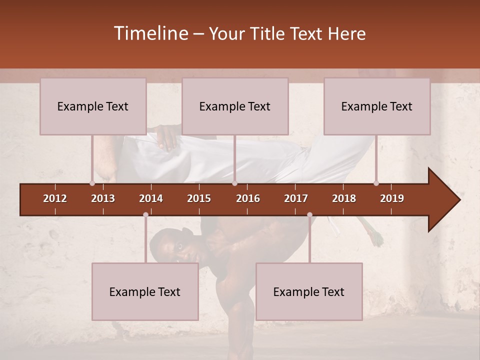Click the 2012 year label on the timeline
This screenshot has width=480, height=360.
[55, 198]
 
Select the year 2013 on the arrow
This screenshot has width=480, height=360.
[103, 198]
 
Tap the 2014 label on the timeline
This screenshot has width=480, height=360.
[151, 198]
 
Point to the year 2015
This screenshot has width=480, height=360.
[199, 198]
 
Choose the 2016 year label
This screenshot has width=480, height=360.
[248, 198]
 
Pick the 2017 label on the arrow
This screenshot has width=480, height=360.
[296, 198]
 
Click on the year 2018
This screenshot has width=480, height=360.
[344, 198]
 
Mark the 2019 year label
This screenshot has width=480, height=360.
[392, 198]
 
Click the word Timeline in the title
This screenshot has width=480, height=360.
[150, 33]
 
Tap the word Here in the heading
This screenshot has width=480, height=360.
[346, 34]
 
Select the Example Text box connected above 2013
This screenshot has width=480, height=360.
[93, 106]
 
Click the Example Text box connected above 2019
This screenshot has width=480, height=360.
[377, 106]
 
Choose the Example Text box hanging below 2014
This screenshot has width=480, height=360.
[145, 292]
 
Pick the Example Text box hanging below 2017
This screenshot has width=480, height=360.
[309, 292]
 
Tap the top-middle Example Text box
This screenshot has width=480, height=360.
[235, 106]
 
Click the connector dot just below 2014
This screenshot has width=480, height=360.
[145, 214]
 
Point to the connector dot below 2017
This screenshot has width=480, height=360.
[309, 214]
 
